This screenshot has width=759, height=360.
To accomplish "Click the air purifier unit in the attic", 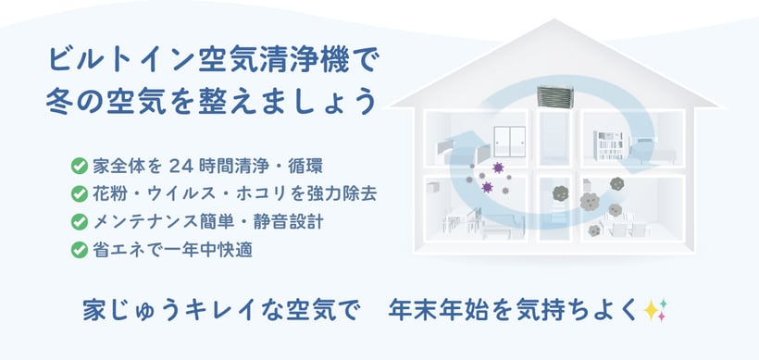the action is coord(555,97).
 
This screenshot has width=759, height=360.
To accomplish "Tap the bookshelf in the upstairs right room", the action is coord(608,145).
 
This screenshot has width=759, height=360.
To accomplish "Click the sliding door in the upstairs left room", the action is coord(510,142).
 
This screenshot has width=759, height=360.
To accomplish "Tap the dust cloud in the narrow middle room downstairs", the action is coord(560,193).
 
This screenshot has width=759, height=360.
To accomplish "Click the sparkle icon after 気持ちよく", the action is coord(655,310).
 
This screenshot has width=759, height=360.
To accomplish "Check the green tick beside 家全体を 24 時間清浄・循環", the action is coord(79,166).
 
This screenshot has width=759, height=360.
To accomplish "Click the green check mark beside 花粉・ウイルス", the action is coord(79,194).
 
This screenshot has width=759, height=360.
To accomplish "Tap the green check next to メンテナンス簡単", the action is coord(79,222).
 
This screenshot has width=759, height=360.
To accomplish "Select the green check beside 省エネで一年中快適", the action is coord(79,250).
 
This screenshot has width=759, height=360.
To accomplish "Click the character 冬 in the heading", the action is coord(59,102).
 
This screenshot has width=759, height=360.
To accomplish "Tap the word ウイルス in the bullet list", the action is coord(184,194).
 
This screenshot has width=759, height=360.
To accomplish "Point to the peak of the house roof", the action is coord(555,19).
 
